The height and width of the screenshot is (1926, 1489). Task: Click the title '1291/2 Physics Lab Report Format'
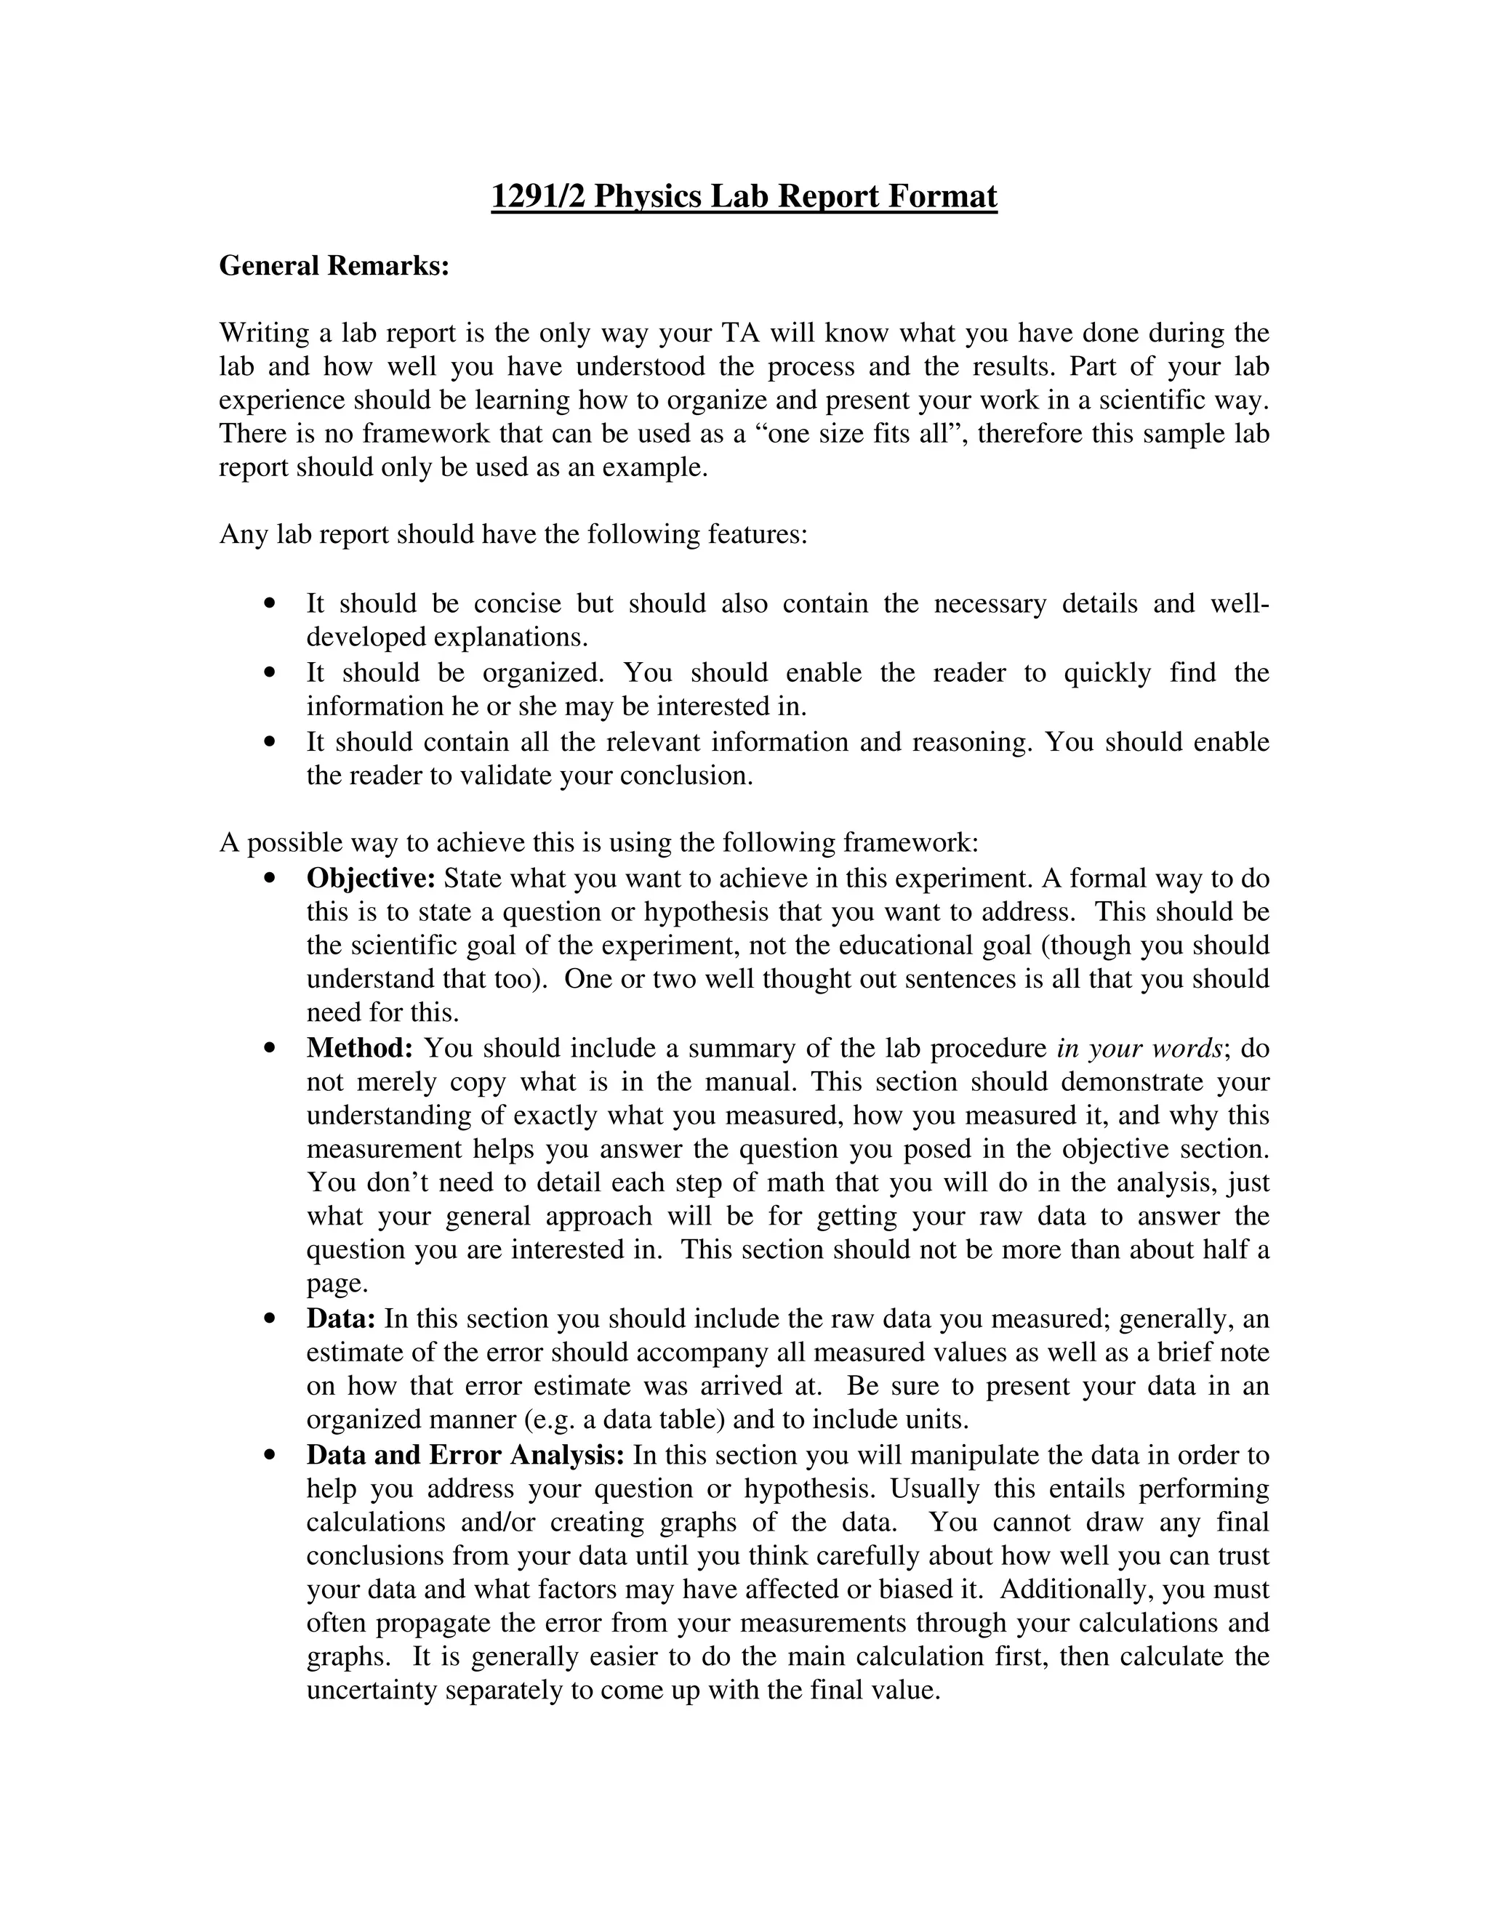[x=744, y=196]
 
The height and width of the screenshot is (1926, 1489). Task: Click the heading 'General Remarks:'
[x=334, y=265]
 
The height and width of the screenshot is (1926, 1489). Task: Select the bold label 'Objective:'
[x=372, y=879]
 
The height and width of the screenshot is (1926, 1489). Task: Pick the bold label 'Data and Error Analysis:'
[x=466, y=1455]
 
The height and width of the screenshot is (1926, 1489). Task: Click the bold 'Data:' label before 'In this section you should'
[x=342, y=1319]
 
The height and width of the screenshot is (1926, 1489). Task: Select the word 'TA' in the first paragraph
[x=739, y=334]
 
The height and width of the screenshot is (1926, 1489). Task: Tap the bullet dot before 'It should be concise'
[x=270, y=604]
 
